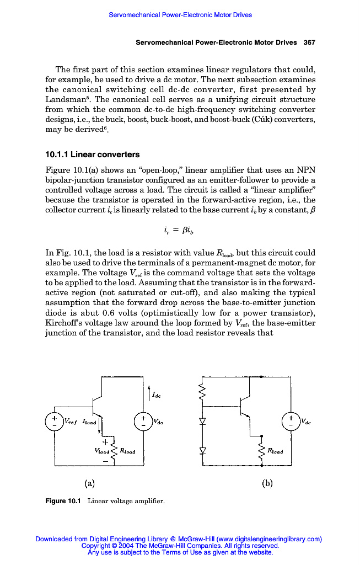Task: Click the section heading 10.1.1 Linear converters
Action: tap(92, 154)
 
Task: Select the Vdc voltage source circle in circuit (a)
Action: tap(143, 422)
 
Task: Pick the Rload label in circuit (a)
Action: tap(127, 451)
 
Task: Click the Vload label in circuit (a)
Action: tap(103, 451)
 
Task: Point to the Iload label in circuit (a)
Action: tap(89, 422)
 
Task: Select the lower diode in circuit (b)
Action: tap(203, 450)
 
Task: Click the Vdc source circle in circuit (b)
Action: tap(291, 422)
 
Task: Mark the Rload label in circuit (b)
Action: tap(275, 451)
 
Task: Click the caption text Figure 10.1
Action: tap(63, 501)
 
